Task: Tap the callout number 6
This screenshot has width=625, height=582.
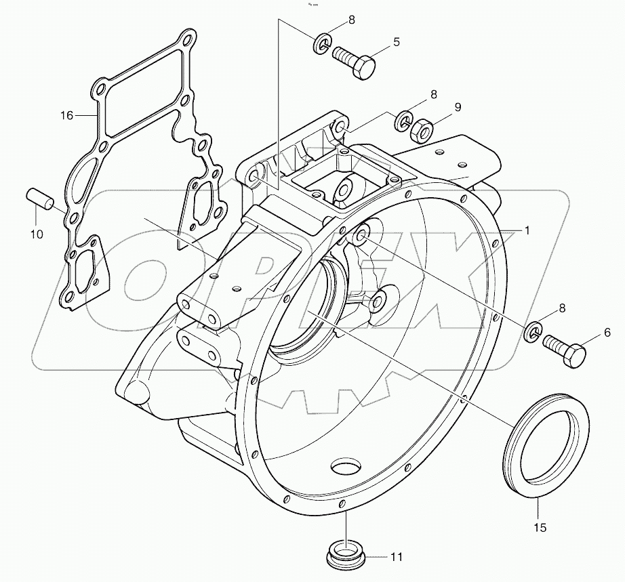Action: (607, 332)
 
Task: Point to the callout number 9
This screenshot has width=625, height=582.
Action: (458, 106)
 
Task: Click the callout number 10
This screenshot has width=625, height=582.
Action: (37, 234)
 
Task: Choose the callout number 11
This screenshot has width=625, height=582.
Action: (397, 557)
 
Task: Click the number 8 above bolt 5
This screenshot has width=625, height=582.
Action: (352, 20)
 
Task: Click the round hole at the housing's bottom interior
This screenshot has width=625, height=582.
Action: (348, 467)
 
